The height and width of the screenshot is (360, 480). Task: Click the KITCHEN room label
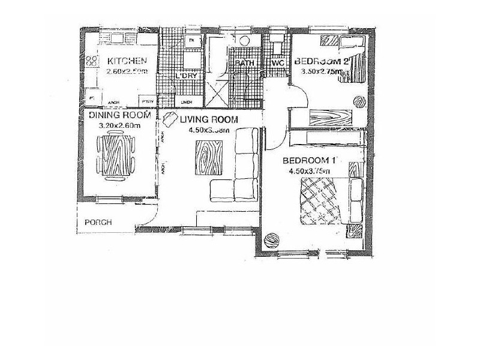[x=127, y=61]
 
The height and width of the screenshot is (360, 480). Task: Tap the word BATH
[x=244, y=64]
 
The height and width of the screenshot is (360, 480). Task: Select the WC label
[x=278, y=64]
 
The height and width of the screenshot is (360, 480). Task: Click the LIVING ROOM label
[x=209, y=119]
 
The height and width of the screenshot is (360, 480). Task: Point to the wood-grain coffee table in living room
[x=208, y=157]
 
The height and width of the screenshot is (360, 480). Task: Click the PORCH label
[x=98, y=221]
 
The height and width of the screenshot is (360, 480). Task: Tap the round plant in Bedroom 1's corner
[x=272, y=240]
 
